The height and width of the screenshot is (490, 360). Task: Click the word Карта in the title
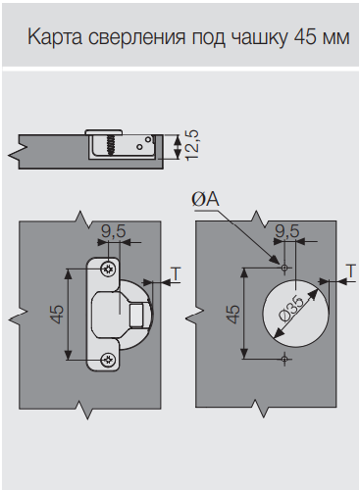coord(55,37)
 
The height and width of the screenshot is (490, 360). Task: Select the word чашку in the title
coord(260,38)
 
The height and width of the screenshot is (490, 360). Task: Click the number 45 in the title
coord(306,37)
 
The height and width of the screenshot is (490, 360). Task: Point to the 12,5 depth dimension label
coord(192,145)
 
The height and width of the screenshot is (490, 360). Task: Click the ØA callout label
coord(205,199)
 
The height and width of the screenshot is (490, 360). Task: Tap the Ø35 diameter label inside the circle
coord(290,309)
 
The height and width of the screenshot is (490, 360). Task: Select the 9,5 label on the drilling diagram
coord(287,231)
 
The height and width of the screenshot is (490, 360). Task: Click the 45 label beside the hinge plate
coord(58,314)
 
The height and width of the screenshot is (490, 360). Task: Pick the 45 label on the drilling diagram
coord(233,314)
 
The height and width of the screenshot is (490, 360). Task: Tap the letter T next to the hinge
coord(177,273)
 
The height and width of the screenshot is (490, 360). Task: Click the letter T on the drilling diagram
coord(351,271)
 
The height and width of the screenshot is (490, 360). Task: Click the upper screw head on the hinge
coord(108,269)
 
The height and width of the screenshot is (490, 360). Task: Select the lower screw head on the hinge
coord(108,360)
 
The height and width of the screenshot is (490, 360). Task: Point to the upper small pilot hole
coord(284,268)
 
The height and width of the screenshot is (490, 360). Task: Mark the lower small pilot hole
coord(284,359)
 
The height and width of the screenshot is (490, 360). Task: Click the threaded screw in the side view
coord(110,144)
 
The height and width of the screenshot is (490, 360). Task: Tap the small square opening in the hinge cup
coord(136,315)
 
